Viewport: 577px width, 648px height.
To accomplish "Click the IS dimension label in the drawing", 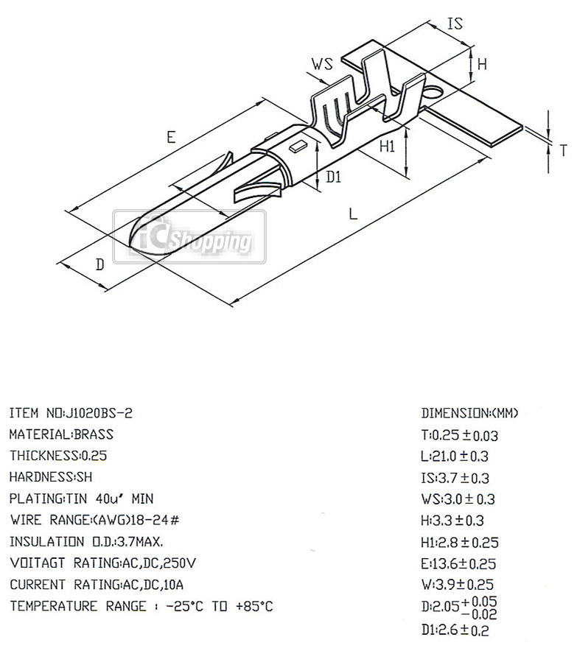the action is (455, 23).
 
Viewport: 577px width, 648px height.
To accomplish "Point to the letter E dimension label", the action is (171, 137).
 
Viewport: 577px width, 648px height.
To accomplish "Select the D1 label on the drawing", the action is (334, 177).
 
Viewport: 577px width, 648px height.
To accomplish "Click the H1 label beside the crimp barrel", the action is (388, 146).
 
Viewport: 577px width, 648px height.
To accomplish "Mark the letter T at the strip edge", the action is (563, 151).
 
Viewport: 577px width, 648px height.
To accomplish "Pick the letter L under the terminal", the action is (353, 214).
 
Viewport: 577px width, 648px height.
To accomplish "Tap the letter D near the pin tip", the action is (99, 264).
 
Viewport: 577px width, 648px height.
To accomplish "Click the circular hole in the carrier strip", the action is (433, 92).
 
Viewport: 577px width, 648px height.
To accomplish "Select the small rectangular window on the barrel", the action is (298, 146).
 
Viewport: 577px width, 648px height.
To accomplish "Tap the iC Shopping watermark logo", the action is (189, 237).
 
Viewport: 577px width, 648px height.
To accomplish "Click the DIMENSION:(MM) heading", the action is (469, 413).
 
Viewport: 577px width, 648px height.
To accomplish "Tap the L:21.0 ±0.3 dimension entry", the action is (455, 457).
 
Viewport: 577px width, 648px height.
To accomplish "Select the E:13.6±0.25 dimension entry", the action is (458, 564).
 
